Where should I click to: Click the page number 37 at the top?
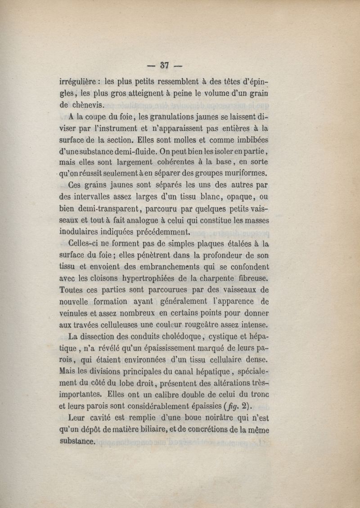coord(164,65)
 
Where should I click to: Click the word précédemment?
coord(153,232)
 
